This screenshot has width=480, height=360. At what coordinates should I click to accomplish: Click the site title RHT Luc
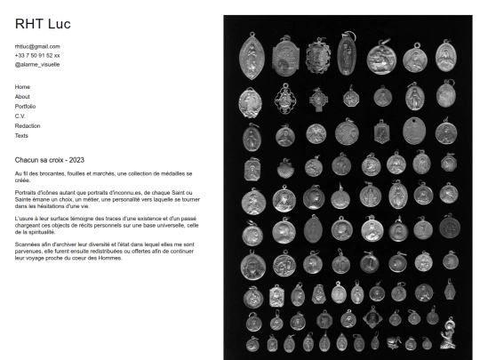43,23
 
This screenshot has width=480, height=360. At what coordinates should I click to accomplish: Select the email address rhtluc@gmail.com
37,46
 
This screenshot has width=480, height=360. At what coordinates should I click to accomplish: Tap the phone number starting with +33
37,55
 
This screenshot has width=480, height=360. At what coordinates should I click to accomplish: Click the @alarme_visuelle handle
37,64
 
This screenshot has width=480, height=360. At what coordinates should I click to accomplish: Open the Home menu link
22,87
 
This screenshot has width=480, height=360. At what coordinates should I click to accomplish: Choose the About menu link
23,97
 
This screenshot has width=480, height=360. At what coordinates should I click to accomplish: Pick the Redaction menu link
28,126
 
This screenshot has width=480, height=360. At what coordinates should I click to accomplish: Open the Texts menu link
22,136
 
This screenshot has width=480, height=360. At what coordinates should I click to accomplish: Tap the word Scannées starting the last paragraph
29,244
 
